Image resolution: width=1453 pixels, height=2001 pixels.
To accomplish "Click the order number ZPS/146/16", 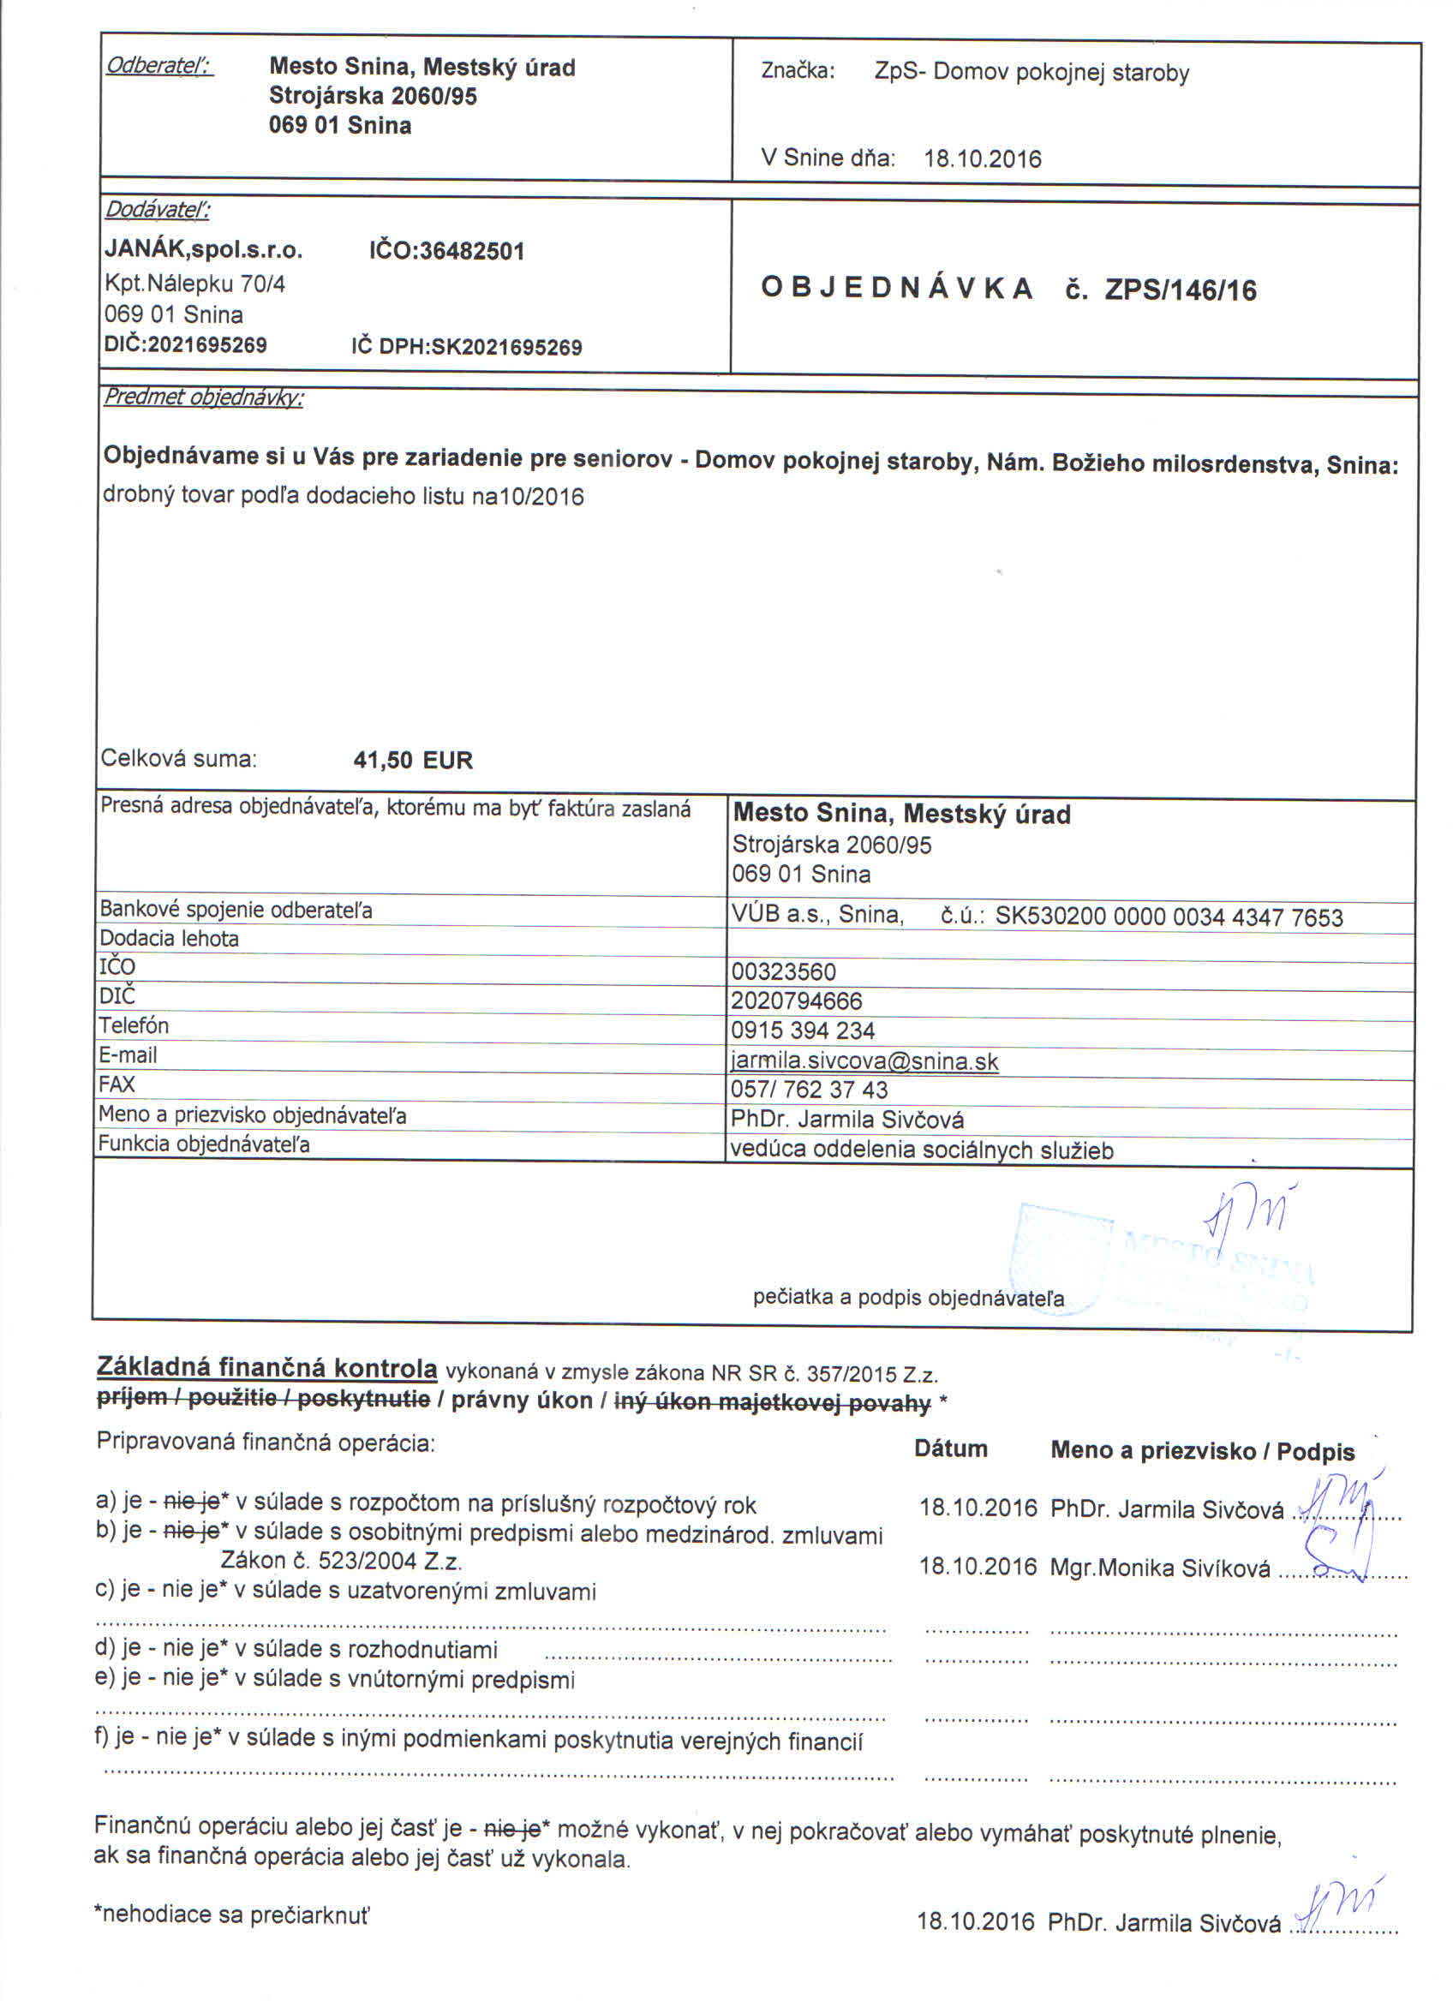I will click(x=1181, y=290).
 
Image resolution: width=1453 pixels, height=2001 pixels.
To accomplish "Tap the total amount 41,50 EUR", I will click(x=413, y=760).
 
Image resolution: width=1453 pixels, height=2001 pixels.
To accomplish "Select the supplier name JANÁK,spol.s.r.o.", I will click(x=204, y=251).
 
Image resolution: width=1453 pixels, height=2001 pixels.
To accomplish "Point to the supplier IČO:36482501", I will click(x=446, y=252).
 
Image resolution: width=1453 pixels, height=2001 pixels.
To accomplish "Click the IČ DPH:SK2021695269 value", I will click(x=467, y=347).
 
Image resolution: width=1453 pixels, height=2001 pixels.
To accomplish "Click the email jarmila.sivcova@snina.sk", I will click(x=864, y=1060).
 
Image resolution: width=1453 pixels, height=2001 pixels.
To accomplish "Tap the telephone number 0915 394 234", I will click(x=802, y=1030).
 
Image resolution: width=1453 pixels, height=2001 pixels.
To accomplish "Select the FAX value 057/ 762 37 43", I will click(x=809, y=1090).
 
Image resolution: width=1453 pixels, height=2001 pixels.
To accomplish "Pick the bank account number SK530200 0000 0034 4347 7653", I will click(x=1169, y=917).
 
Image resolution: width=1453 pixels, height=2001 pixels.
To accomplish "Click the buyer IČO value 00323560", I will click(x=783, y=971).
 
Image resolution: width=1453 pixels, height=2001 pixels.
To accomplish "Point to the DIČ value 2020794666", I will click(x=797, y=1000).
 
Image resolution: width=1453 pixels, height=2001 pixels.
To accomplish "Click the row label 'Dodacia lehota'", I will click(x=169, y=938).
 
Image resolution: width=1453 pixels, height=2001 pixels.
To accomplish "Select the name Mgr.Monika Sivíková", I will click(x=1160, y=1568).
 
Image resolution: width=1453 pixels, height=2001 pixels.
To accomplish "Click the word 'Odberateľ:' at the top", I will click(x=158, y=66).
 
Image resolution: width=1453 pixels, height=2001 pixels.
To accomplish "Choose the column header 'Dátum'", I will click(x=950, y=1448).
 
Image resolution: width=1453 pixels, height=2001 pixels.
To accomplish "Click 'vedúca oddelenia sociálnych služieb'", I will click(x=922, y=1150).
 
